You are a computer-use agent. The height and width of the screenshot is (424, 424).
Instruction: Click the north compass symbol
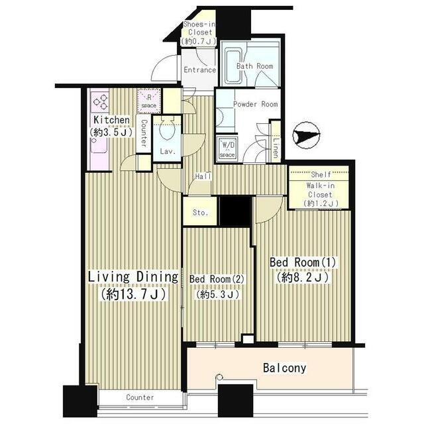(306, 135)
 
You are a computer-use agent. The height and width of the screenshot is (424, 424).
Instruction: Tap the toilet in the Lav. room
(167, 128)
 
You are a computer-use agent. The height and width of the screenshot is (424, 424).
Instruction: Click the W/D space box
(227, 148)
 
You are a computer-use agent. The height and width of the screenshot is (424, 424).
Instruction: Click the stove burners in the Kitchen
(100, 102)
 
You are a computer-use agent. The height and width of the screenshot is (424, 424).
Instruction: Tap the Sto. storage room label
(200, 213)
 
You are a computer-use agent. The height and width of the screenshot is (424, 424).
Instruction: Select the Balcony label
(284, 368)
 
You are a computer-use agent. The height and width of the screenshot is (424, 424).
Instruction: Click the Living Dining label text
(133, 277)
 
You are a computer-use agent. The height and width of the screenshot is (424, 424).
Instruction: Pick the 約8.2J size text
(303, 278)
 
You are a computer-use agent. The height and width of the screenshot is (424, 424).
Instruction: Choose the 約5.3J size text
(218, 294)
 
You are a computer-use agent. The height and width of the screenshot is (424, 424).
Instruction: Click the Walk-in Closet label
(321, 190)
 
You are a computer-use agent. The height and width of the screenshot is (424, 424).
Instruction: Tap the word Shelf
(321, 174)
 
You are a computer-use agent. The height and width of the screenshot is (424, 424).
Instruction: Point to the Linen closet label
(276, 148)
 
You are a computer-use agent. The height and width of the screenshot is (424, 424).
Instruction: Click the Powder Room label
(255, 104)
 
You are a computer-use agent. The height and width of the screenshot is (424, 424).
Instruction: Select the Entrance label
(200, 70)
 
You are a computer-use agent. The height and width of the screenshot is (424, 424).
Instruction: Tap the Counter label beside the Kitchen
(144, 133)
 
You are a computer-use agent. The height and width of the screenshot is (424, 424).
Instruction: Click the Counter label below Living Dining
(140, 397)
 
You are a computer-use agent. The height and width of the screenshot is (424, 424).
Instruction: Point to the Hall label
(203, 176)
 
